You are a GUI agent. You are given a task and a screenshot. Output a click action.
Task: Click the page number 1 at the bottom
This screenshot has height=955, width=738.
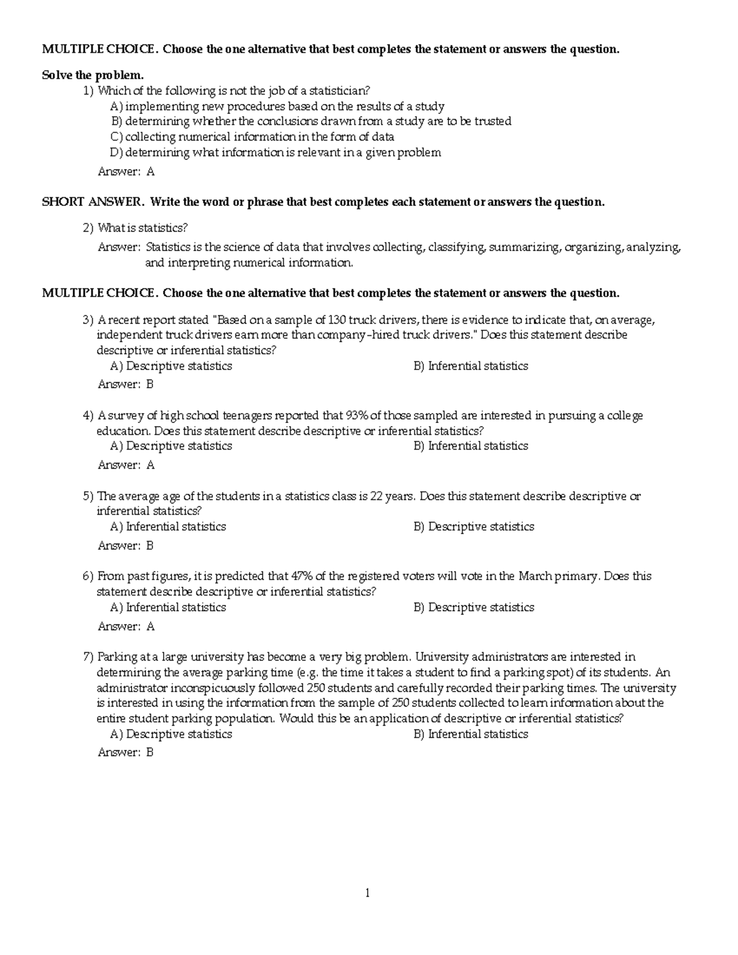click(x=367, y=894)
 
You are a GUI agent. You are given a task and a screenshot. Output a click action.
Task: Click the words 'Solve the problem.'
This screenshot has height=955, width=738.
click(x=92, y=75)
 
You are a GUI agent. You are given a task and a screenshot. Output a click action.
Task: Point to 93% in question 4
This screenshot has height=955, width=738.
click(x=355, y=416)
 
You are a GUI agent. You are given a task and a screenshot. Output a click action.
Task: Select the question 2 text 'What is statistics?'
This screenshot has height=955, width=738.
click(x=142, y=228)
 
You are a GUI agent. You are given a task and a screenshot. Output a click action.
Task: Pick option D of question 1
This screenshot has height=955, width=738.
click(x=276, y=153)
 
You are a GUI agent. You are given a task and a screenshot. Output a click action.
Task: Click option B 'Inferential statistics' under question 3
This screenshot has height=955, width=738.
click(x=470, y=366)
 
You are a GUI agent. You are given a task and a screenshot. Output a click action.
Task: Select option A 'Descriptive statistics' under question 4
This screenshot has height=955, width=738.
click(x=171, y=446)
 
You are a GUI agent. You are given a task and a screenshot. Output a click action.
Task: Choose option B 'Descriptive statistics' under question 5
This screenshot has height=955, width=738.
click(x=474, y=526)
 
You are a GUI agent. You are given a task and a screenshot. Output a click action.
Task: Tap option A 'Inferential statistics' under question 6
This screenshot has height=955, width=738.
click(x=168, y=607)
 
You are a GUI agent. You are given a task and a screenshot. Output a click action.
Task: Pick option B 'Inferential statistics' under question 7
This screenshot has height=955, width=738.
click(x=470, y=734)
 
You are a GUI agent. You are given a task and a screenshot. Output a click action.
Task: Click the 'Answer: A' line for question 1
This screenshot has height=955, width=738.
click(x=126, y=172)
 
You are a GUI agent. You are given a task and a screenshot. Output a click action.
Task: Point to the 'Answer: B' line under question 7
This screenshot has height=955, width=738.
click(x=125, y=752)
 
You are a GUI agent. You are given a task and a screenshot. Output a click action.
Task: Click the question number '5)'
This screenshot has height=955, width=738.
click(x=88, y=496)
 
